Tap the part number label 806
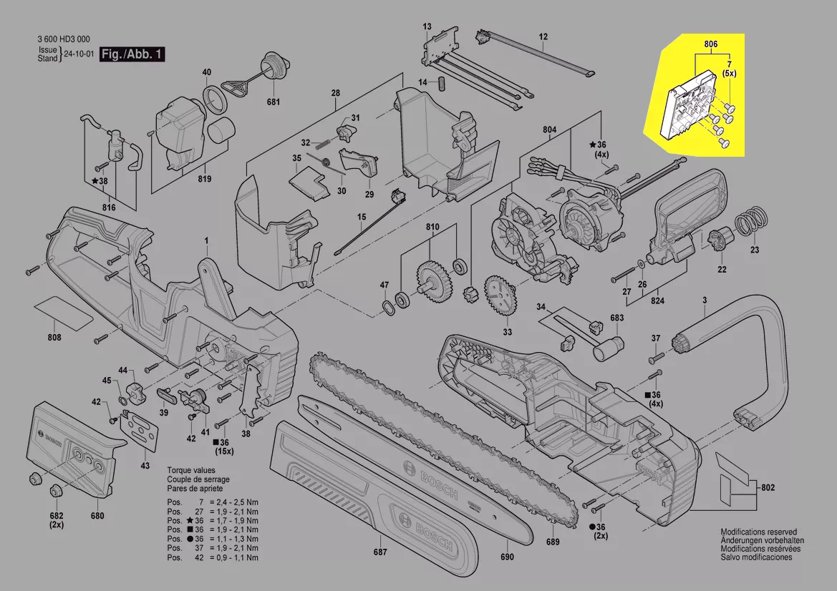point(711,44)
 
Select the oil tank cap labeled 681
point(273,70)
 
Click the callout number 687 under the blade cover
point(380,552)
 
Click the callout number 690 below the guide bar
point(507,556)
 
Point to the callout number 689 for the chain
point(553,542)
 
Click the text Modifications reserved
point(758,532)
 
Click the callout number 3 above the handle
point(705,301)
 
